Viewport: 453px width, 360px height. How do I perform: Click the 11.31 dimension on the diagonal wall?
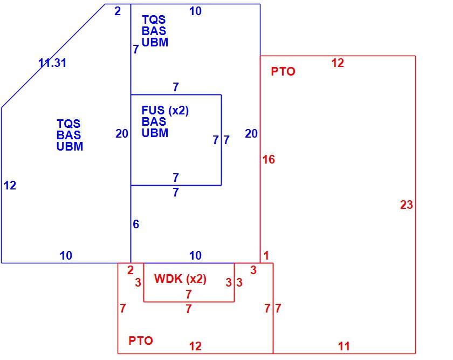pyautogui.click(x=52, y=63)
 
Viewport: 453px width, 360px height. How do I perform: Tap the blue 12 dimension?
pyautogui.click(x=10, y=185)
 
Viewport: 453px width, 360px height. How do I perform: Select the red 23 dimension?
pyautogui.click(x=407, y=205)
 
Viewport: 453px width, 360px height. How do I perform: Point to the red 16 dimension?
pyautogui.click(x=269, y=159)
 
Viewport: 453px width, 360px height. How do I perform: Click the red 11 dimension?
pyautogui.click(x=344, y=346)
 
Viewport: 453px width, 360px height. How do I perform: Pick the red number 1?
pyautogui.click(x=266, y=255)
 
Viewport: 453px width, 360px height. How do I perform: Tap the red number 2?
pyautogui.click(x=131, y=270)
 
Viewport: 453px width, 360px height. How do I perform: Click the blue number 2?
pyautogui.click(x=118, y=11)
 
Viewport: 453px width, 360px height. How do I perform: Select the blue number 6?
pyautogui.click(x=136, y=224)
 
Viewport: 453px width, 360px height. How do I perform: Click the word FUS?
pyautogui.click(x=153, y=110)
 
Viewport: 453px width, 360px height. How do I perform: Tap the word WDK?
pyautogui.click(x=168, y=279)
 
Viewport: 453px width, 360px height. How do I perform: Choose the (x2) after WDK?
pyautogui.click(x=196, y=279)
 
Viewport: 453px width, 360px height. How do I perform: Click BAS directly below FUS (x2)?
pyautogui.click(x=154, y=121)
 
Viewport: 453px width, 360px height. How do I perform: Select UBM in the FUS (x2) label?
pyautogui.click(x=155, y=133)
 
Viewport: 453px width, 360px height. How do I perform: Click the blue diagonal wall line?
pyautogui.click(x=53, y=56)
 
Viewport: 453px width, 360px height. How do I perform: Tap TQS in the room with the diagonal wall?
pyautogui.click(x=68, y=124)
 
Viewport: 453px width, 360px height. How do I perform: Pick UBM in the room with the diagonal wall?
pyautogui.click(x=70, y=146)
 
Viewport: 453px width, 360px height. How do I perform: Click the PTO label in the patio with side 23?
pyautogui.click(x=283, y=71)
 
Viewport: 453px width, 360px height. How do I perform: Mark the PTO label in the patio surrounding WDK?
pyautogui.click(x=141, y=341)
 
